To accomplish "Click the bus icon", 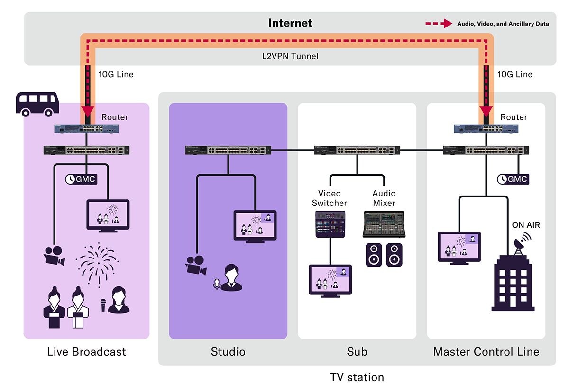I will (x=37, y=104).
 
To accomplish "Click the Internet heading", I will (x=290, y=23).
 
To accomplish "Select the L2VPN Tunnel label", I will (x=290, y=56).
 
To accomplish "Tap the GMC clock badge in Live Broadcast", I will (x=81, y=179).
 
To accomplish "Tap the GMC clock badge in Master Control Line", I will (x=513, y=179).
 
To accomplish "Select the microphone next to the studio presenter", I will (x=217, y=284).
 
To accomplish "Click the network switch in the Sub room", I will (x=357, y=151).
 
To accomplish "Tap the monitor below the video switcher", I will (x=330, y=279).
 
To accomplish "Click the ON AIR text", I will (x=526, y=225).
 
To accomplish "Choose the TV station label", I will (x=357, y=377).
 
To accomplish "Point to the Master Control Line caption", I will (x=486, y=352).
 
